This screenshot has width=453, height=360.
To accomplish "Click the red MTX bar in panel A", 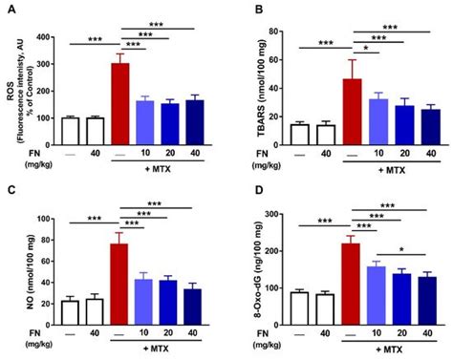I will click(119, 95).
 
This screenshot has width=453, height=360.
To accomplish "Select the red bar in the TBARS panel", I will click(353, 110).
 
